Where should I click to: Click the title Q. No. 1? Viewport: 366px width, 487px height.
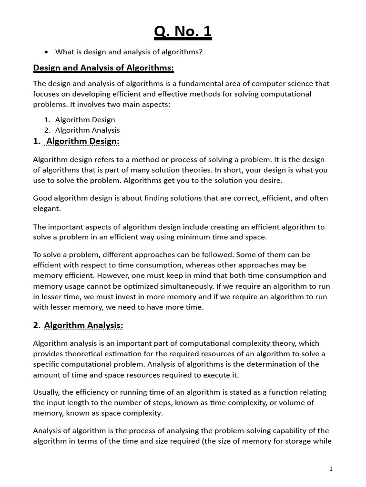183,32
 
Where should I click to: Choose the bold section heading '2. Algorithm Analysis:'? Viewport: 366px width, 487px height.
78,325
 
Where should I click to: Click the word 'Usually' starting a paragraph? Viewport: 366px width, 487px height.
47,392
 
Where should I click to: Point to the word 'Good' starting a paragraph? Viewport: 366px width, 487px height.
42,198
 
